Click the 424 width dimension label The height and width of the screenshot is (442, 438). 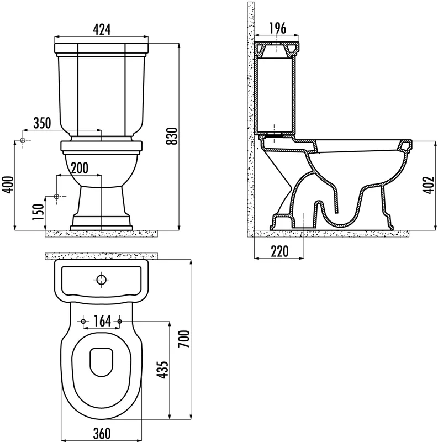click(x=102, y=30)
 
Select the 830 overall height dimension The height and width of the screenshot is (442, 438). click(x=172, y=136)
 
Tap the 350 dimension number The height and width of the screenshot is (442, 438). click(x=43, y=123)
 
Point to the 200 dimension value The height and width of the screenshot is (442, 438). click(x=79, y=168)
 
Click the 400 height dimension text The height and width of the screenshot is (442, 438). click(x=8, y=185)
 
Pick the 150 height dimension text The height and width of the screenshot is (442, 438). click(x=39, y=212)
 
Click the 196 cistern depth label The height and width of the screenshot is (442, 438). click(x=278, y=28)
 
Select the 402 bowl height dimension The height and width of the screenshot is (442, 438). click(x=428, y=185)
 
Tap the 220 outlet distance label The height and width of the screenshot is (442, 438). click(x=279, y=251)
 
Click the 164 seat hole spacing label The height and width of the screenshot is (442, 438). click(x=102, y=322)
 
